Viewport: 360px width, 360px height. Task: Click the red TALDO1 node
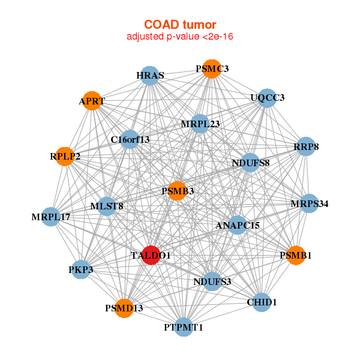click(x=151, y=255)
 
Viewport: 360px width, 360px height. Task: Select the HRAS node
click(x=149, y=75)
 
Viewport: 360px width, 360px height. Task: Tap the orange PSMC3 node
click(x=212, y=69)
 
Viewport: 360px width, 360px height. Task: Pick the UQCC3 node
click(x=267, y=97)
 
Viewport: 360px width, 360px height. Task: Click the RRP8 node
click(x=306, y=146)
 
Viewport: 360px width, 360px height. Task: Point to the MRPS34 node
click(x=309, y=204)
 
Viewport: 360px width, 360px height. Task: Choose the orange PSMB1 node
click(x=296, y=255)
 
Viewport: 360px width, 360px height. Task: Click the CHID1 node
click(x=262, y=302)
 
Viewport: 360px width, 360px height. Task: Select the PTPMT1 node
click(x=184, y=327)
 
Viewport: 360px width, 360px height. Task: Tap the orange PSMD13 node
click(x=124, y=308)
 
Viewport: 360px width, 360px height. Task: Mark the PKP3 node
click(x=81, y=269)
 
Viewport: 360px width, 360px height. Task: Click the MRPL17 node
click(x=51, y=216)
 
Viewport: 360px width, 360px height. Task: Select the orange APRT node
click(x=91, y=101)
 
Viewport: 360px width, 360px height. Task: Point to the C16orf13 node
click(x=130, y=140)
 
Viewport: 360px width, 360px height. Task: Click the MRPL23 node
click(x=200, y=124)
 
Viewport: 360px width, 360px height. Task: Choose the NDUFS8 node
click(x=250, y=163)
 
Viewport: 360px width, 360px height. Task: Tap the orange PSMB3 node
click(x=178, y=191)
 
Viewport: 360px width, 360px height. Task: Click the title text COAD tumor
click(x=179, y=25)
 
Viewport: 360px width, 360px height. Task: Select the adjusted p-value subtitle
click(x=179, y=37)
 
